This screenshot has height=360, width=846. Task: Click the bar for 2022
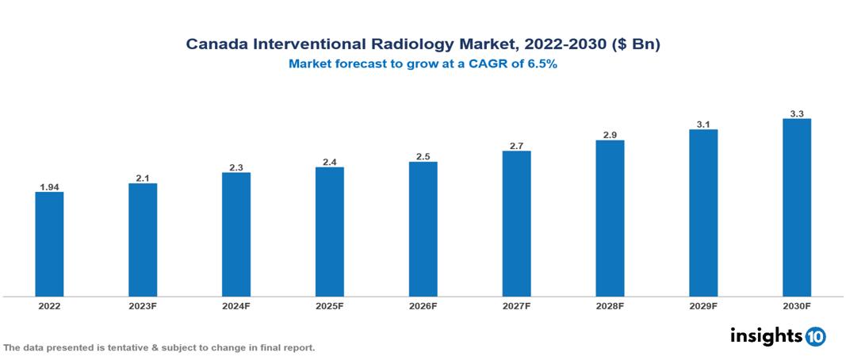(49, 244)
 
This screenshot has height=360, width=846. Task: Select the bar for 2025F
(330, 232)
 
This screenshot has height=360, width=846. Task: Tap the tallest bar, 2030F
(797, 208)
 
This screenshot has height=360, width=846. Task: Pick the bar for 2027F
(516, 224)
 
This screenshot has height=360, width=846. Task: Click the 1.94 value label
(49, 187)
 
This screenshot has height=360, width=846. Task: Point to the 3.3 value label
(797, 114)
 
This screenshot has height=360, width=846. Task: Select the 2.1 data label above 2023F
(143, 178)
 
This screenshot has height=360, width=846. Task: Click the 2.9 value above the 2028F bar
(610, 136)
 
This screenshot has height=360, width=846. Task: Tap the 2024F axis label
(236, 305)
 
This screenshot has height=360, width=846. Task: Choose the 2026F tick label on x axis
(423, 305)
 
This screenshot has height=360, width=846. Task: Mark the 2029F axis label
(703, 305)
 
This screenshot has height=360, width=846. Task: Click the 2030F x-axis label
(797, 305)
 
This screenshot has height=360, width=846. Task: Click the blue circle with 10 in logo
(816, 336)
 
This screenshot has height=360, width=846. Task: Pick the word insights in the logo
(766, 335)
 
